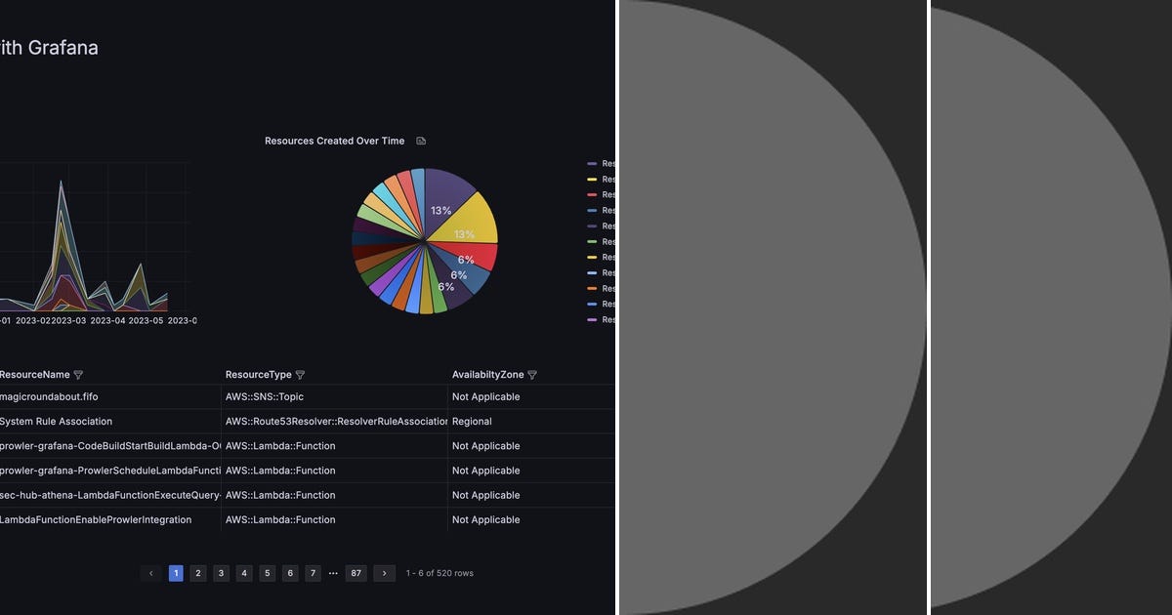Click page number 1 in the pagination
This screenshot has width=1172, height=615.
[176, 573]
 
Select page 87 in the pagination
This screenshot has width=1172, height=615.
[356, 573]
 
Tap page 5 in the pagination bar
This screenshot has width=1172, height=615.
[268, 573]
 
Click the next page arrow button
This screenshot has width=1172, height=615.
[385, 573]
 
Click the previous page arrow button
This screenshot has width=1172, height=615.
[150, 573]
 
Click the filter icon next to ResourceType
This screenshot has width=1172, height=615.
[300, 375]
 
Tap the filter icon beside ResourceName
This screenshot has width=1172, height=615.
[78, 375]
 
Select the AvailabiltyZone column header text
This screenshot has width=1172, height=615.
[487, 375]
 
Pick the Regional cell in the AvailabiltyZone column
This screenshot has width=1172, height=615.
[472, 422]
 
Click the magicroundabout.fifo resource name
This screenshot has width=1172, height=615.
[49, 397]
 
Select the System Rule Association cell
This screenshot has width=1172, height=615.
[56, 422]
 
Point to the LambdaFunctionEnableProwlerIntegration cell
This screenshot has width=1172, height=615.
[96, 519]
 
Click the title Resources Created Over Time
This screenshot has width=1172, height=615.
[334, 141]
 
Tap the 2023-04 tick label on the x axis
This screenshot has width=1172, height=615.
[107, 320]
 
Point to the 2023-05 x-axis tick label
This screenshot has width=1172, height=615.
[146, 320]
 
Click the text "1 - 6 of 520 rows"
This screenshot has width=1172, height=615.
[439, 573]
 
